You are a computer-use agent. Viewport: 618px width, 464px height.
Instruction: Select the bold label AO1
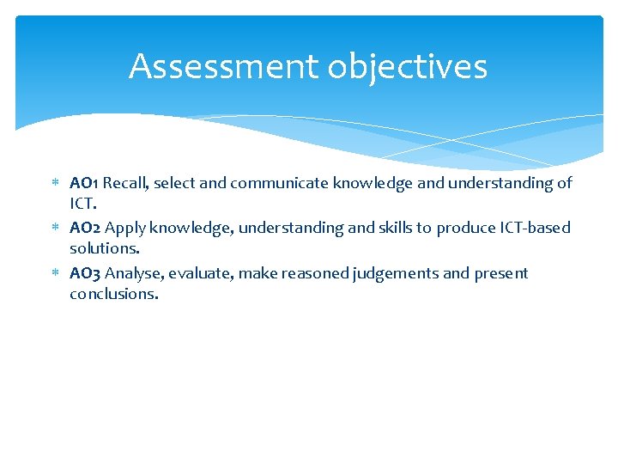click(84, 183)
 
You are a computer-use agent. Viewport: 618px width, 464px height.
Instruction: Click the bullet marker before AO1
click(54, 184)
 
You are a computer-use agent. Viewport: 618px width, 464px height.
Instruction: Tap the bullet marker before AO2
click(54, 229)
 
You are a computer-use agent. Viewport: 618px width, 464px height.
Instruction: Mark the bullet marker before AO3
click(54, 274)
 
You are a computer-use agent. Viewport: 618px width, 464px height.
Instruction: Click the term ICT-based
click(532, 228)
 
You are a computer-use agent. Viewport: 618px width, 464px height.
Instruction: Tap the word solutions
click(104, 248)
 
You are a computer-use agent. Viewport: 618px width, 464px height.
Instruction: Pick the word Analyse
click(133, 273)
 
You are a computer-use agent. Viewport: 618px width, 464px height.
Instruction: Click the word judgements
click(396, 273)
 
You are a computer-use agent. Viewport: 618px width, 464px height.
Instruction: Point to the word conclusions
click(114, 294)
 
